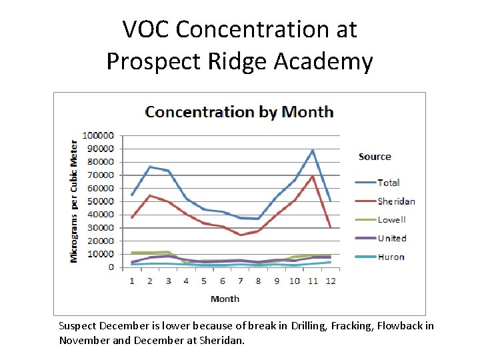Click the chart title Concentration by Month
coord(239,111)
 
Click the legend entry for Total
coord(388,183)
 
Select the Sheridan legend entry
coord(396,201)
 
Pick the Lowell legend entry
coord(391,219)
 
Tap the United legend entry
coord(391,238)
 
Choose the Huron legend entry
coord(391,257)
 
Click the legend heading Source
coord(375,157)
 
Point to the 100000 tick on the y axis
coord(98,135)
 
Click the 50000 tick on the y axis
coord(101,201)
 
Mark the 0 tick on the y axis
coord(111,267)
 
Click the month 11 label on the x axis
coord(312,281)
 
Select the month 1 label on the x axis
coord(131,281)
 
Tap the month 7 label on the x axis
coord(240,281)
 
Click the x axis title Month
coord(225,299)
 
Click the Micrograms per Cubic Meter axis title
coord(74,201)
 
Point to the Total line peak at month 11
coord(313,150)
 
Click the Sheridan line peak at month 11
coord(313,176)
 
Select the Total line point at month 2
coord(150,167)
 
